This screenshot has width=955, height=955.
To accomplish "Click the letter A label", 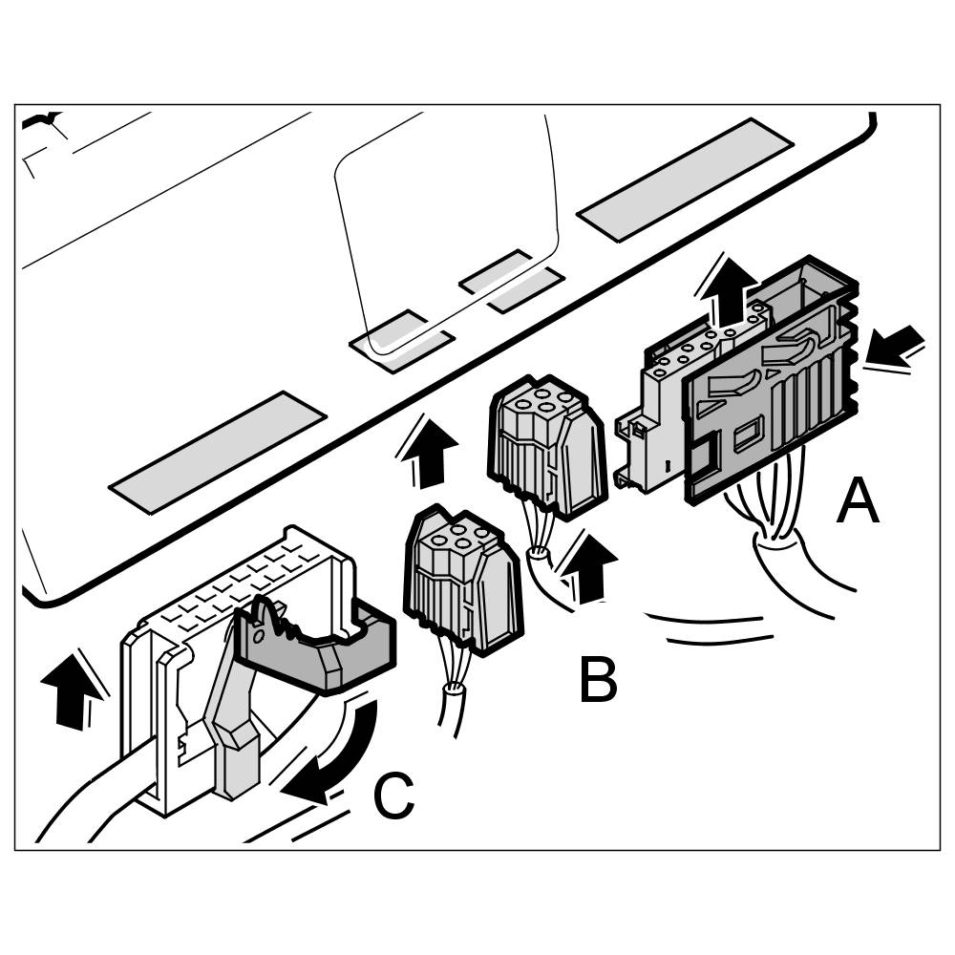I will [x=857, y=502].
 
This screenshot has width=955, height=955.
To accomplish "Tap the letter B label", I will [x=598, y=680].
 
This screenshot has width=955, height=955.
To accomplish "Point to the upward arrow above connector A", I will [x=730, y=289].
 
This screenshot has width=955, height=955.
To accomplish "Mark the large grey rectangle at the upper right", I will [x=685, y=179].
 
